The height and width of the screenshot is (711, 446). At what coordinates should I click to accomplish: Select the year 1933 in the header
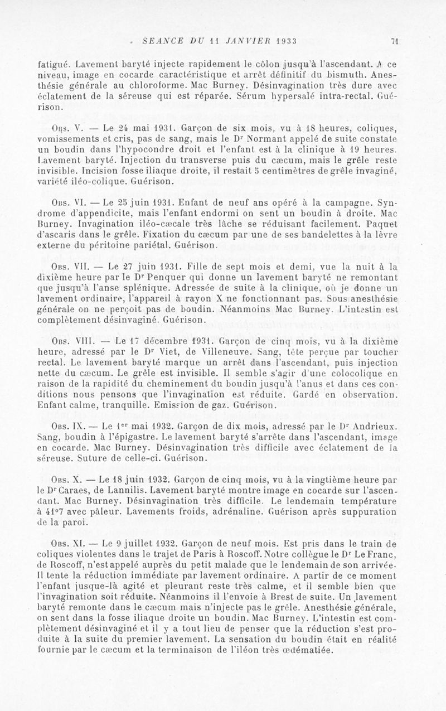[x=284, y=41]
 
